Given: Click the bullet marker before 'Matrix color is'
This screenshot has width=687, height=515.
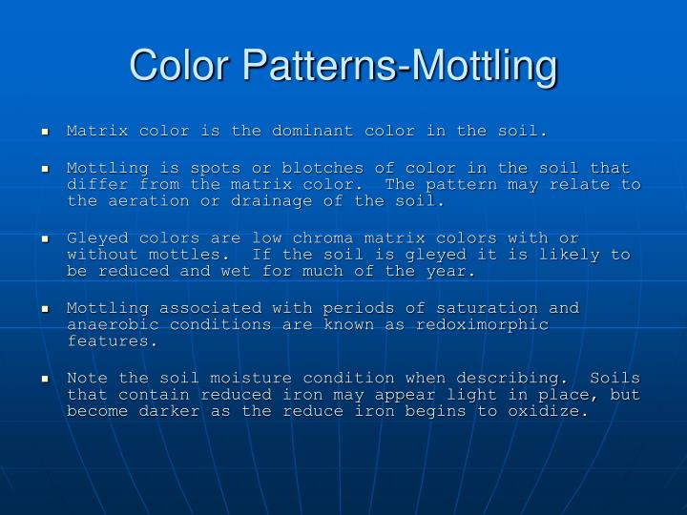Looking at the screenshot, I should tap(45, 131).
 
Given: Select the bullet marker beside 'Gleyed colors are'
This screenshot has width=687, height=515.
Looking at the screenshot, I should tap(45, 238).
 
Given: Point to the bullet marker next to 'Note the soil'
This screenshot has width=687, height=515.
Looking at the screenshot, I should tap(45, 379).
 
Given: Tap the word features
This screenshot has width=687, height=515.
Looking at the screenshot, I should tap(109, 340).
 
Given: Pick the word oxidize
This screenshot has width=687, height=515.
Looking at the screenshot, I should tap(543, 412).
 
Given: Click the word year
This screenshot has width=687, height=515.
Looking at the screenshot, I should tap(452, 272).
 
